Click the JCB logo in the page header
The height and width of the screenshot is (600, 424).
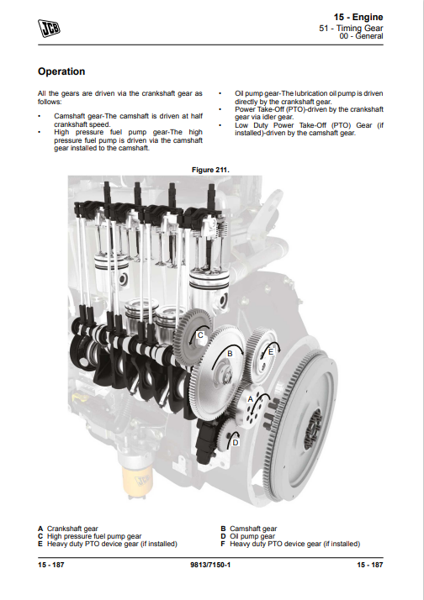pos(49,29)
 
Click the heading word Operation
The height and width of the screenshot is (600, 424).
pos(61,71)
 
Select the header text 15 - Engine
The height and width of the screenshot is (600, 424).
pos(358,17)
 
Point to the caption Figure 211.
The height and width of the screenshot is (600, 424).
pos(210,170)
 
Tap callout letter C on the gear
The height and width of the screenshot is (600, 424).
pos(200,335)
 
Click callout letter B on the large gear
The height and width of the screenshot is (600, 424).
pos(230,354)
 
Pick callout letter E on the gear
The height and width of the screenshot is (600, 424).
pos(271,351)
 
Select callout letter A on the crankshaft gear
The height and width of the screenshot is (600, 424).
pos(251,399)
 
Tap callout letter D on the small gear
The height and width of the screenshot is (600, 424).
pos(236,442)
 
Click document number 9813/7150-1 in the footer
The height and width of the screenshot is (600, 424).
pos(210,565)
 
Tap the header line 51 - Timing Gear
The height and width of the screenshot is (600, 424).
pos(351,28)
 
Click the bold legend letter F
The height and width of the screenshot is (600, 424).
pos(223,544)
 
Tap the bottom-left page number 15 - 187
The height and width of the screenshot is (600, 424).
pos(51,565)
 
